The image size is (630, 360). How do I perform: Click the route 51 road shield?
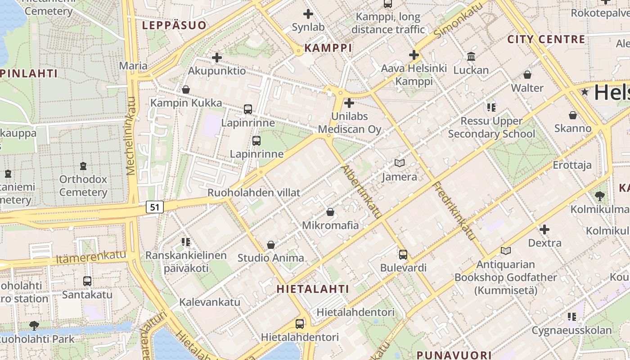click(155, 207)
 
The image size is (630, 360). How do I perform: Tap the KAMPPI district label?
click(328, 48)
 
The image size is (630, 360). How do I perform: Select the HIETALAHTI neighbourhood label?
click(313, 288)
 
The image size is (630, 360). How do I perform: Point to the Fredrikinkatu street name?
click(454, 211)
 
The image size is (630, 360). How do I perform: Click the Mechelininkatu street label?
click(131, 135)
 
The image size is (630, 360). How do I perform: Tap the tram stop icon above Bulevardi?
click(403, 254)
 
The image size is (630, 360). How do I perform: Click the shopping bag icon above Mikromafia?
click(330, 211)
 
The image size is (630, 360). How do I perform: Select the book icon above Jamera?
click(399, 163)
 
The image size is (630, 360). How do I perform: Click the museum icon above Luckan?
click(471, 56)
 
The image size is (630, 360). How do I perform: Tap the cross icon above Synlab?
click(308, 14)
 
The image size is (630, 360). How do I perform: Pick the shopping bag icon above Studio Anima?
click(271, 244)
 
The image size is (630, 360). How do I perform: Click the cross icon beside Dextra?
click(544, 229)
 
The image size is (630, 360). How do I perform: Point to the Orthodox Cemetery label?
click(83, 185)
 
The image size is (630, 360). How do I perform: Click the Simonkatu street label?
click(459, 20)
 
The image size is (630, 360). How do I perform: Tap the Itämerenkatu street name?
click(91, 257)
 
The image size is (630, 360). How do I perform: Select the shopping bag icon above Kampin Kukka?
click(185, 90)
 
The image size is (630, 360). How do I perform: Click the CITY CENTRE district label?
click(546, 39)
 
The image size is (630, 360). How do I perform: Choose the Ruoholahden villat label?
click(254, 193)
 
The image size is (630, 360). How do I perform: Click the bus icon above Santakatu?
click(87, 281)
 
